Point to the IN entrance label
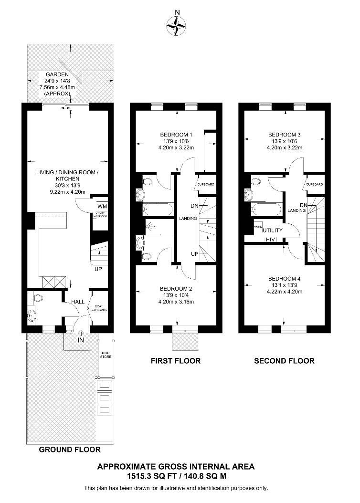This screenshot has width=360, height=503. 80,340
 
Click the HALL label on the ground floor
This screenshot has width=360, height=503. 78,302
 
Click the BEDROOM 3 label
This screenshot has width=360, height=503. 285,134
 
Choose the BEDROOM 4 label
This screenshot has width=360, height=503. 285,279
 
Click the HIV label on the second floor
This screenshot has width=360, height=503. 271,239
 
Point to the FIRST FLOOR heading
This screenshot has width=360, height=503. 176,361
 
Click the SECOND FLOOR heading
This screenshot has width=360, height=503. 284,361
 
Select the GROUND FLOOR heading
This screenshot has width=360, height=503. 70,450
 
